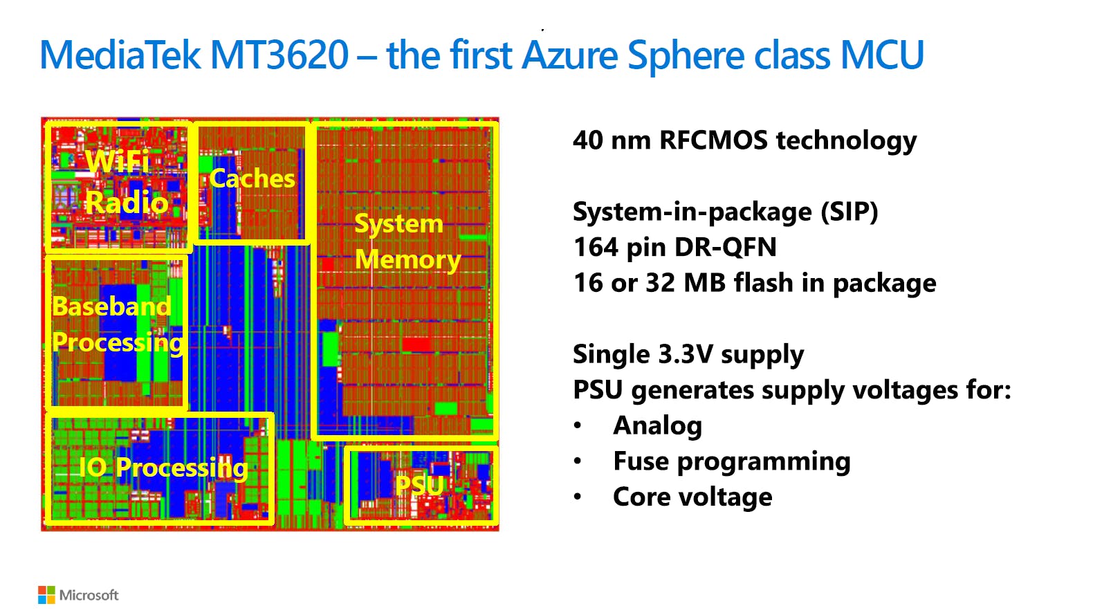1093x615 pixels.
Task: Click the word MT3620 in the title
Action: (x=279, y=55)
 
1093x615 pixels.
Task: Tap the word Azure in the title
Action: (x=569, y=55)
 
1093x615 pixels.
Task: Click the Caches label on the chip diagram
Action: (x=252, y=178)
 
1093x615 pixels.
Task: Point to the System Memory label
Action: (x=407, y=241)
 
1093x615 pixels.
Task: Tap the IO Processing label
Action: (x=163, y=468)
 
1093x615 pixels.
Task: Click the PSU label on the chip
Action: (x=419, y=485)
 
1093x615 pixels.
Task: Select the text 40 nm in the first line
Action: (x=612, y=140)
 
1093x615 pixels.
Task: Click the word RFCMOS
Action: (x=713, y=140)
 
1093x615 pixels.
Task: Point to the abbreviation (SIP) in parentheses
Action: (x=849, y=212)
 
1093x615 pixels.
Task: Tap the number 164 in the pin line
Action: (x=596, y=247)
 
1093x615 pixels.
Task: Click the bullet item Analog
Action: (x=657, y=425)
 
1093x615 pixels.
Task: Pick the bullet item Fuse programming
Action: (x=731, y=461)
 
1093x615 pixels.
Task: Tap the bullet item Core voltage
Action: (x=692, y=497)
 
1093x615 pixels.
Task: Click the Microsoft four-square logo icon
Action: (x=46, y=595)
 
